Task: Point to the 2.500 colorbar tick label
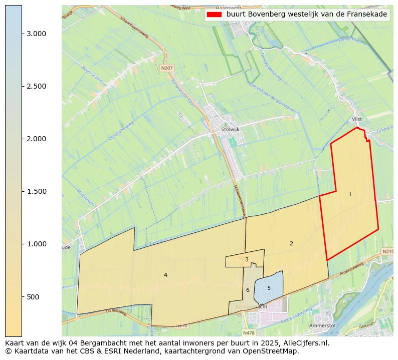point(36,86)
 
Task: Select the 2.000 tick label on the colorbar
point(36,139)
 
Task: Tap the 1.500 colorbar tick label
point(36,191)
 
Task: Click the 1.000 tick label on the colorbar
point(36,244)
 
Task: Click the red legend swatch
point(214,15)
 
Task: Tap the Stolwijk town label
point(231,129)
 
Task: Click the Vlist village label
point(357,119)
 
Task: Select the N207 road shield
point(166,68)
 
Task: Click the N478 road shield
point(249,332)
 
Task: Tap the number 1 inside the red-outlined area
point(350,194)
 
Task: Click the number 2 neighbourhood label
point(291,243)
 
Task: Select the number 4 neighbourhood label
point(165,275)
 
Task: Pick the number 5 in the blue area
point(269,288)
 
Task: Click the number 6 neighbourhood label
point(248,290)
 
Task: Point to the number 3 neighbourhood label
point(247,259)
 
